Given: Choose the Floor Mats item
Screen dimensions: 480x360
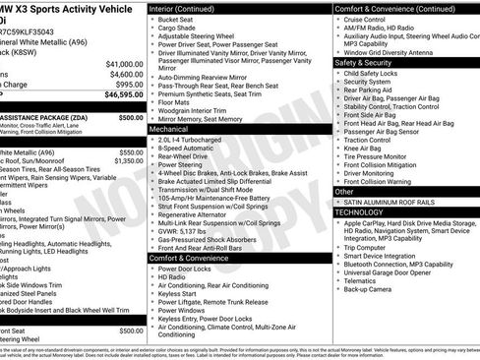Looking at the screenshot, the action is click(176, 100).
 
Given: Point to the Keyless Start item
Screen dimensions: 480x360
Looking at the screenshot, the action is click(177, 292).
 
